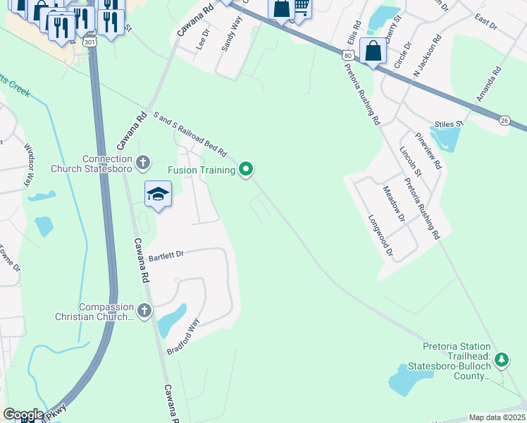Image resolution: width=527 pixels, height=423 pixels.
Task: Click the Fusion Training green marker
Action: coord(246,169)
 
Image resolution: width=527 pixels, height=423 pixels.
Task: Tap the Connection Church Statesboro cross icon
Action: coord(143,164)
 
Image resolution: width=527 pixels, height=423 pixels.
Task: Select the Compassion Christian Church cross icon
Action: coord(144,310)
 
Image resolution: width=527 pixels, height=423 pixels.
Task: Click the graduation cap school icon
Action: coord(159,194)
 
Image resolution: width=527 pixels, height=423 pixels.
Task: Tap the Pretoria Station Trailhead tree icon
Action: coord(501,360)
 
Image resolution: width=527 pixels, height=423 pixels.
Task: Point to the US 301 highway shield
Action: coord(89,42)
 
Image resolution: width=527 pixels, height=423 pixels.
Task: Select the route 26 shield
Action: coord(504,121)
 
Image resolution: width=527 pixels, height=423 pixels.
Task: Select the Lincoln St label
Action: coord(409,163)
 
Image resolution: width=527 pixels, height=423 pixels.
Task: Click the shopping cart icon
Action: coord(301,7)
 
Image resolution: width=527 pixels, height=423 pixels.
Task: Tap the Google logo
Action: coord(23,415)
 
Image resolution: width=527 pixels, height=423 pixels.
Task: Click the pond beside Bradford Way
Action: coord(171,321)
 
